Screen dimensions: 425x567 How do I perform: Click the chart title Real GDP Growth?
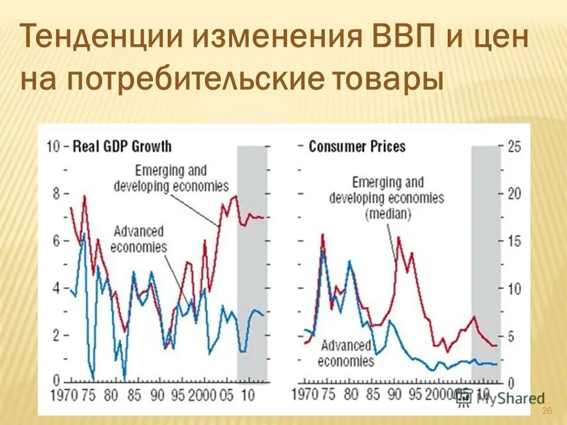coord(121,146)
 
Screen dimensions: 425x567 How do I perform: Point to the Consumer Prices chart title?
coord(357,146)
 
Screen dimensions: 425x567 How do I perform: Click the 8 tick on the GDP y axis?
coord(57,194)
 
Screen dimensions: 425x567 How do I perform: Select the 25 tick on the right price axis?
coord(514,146)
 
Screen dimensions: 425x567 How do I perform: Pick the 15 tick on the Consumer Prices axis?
coord(514,241)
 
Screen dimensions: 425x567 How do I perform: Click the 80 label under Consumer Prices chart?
coord(351,394)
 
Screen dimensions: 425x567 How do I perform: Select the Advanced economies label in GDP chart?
coord(139,239)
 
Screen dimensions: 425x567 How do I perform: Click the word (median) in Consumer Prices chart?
coord(389,214)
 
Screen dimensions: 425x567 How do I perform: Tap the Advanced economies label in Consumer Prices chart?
coord(347,353)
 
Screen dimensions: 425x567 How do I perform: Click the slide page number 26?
coord(546,411)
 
